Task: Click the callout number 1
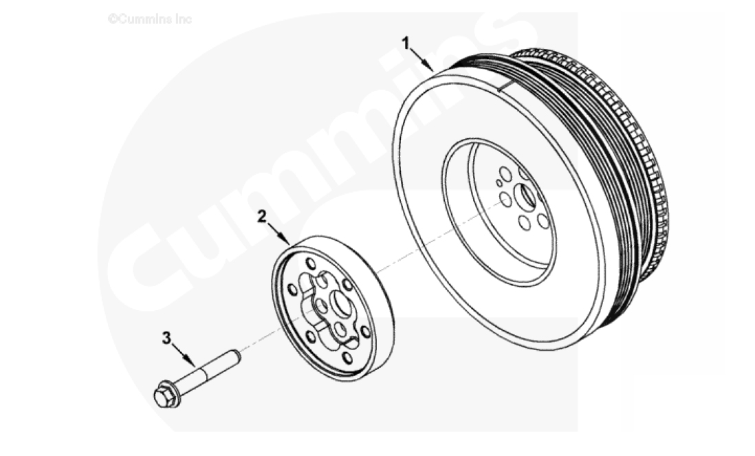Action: pos(406,43)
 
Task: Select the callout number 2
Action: pos(261,217)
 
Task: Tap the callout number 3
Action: pos(166,338)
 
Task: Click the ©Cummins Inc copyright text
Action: pos(150,19)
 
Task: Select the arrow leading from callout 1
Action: pos(422,61)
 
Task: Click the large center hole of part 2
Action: pos(342,304)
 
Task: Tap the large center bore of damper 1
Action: pos(525,197)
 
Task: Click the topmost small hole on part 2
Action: pos(311,264)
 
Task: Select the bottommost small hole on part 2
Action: pos(347,358)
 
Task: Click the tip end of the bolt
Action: pos(237,356)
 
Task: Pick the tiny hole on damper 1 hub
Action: pos(499,184)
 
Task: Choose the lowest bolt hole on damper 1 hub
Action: pos(525,223)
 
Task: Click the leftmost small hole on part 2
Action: pos(292,290)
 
